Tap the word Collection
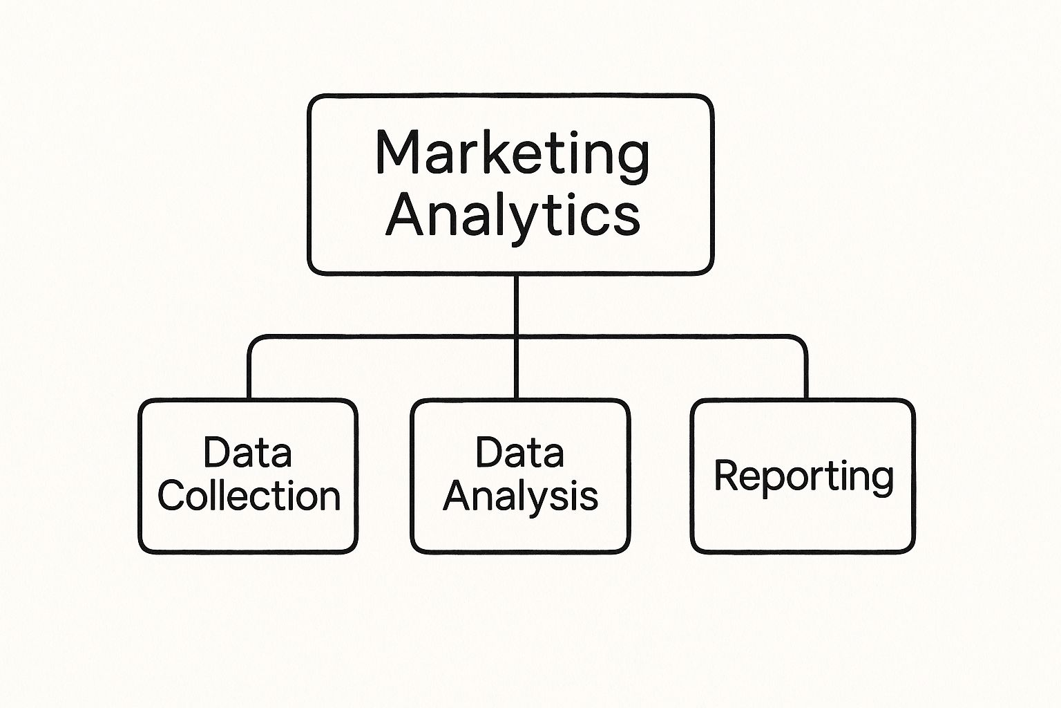(249, 496)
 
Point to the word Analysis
(521, 498)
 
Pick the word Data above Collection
(247, 452)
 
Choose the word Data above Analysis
(519, 452)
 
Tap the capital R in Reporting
(727, 475)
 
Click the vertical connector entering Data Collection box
(249, 374)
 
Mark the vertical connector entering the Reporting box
(806, 374)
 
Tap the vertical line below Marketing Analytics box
(516, 306)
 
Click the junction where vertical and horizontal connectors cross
(516, 337)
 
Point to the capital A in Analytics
(404, 216)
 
